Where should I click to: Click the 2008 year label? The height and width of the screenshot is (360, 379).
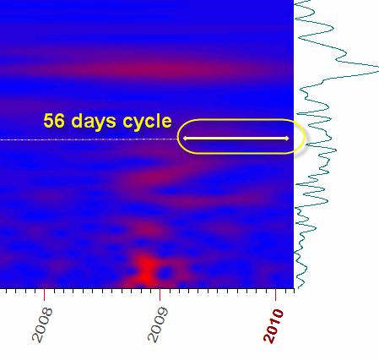(42, 325)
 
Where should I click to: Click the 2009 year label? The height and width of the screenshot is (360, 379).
(158, 325)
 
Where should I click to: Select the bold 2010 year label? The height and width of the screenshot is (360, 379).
(273, 326)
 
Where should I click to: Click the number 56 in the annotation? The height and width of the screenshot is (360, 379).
(54, 121)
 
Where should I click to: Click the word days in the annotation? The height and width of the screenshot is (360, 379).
(95, 122)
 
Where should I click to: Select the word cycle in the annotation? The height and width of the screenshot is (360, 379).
(147, 122)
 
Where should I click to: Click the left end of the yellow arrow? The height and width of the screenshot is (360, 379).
(183, 138)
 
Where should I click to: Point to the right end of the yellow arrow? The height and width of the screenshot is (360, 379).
(288, 138)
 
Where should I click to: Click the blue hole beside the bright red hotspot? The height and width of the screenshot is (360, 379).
(165, 273)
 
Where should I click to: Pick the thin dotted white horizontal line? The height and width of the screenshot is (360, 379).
(89, 139)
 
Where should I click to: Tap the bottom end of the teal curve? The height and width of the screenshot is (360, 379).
(298, 288)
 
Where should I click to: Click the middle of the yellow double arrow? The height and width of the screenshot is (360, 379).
(236, 138)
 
